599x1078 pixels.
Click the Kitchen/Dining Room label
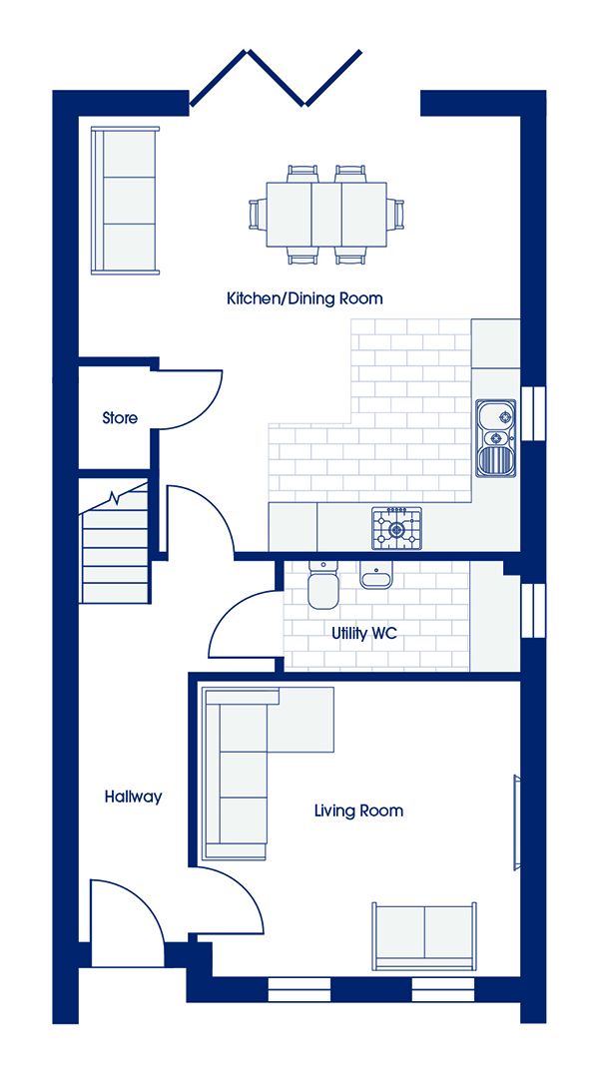coord(304,299)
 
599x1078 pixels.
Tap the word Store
coord(120,417)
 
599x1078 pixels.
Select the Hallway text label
coord(134,797)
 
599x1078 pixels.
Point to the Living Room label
coord(358,810)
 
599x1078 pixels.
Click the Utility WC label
coord(364,633)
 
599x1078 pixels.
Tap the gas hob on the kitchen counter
coord(396,529)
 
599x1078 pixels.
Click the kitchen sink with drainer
coord(495,438)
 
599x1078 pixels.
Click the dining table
coord(326,214)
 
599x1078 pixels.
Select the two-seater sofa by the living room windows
coord(424,936)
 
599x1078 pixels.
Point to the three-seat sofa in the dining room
coord(125,201)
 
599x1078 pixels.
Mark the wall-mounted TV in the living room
coord(517,822)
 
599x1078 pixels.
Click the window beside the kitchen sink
coord(533,412)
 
